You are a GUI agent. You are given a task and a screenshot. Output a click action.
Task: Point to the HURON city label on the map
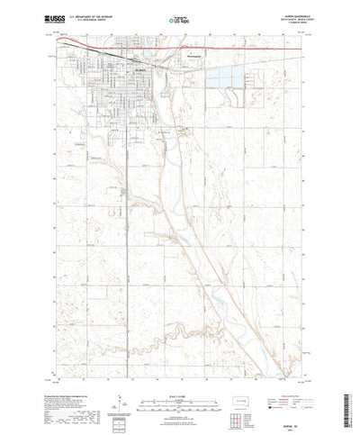pyautogui.click(x=139, y=70)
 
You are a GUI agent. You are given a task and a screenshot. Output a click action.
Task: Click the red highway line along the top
pyautogui.click(x=225, y=43)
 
